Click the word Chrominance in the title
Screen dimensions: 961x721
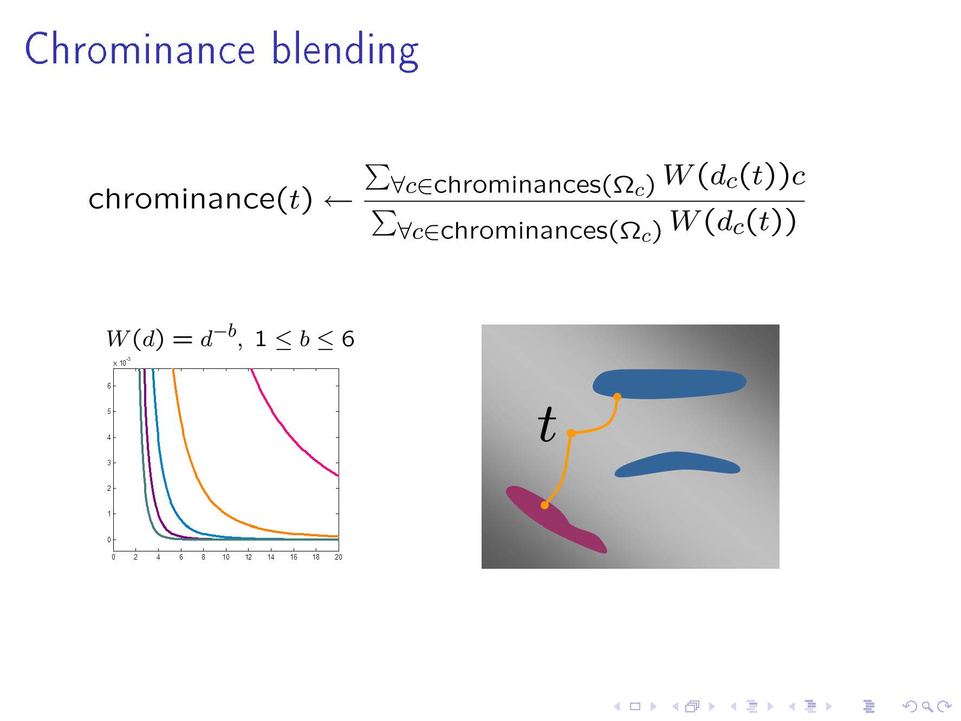point(140,48)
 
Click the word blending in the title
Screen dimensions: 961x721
point(345,50)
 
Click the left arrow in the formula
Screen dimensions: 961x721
point(338,202)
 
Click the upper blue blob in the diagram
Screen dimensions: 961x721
point(669,384)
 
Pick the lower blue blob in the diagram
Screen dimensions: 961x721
point(677,464)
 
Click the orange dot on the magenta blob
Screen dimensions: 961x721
point(545,505)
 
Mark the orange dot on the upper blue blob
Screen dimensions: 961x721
point(617,397)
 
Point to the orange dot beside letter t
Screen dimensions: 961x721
point(571,433)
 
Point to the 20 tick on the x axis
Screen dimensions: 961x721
point(338,557)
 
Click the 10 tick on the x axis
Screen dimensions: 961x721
point(226,557)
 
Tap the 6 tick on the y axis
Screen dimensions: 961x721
point(109,386)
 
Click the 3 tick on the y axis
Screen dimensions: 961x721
point(109,463)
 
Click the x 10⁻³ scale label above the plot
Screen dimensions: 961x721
point(122,362)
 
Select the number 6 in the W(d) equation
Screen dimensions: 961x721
point(348,339)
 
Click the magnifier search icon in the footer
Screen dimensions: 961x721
point(926,706)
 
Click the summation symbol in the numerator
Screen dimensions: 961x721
point(378,177)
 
